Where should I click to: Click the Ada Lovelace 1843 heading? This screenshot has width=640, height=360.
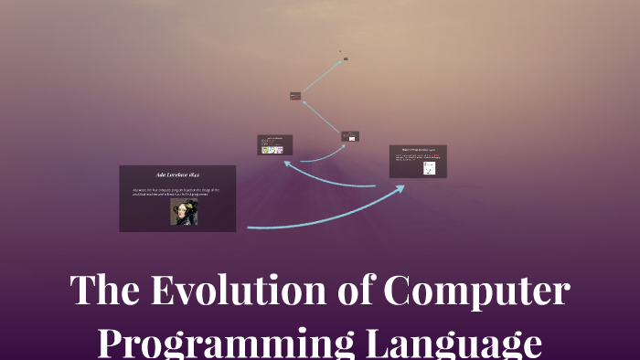click(178, 174)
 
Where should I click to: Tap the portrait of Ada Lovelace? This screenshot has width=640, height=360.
click(183, 212)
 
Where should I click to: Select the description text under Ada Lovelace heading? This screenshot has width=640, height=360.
click(176, 192)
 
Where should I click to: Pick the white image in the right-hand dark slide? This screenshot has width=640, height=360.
click(429, 168)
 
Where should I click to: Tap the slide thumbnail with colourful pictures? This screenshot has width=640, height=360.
click(274, 144)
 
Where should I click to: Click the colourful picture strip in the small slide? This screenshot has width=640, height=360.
click(272, 150)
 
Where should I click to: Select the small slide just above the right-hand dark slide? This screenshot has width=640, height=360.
click(350, 136)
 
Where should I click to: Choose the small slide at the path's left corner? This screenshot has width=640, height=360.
click(295, 96)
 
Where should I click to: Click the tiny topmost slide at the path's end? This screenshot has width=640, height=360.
click(345, 58)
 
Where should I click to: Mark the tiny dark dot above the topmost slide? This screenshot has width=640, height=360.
click(340, 51)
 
